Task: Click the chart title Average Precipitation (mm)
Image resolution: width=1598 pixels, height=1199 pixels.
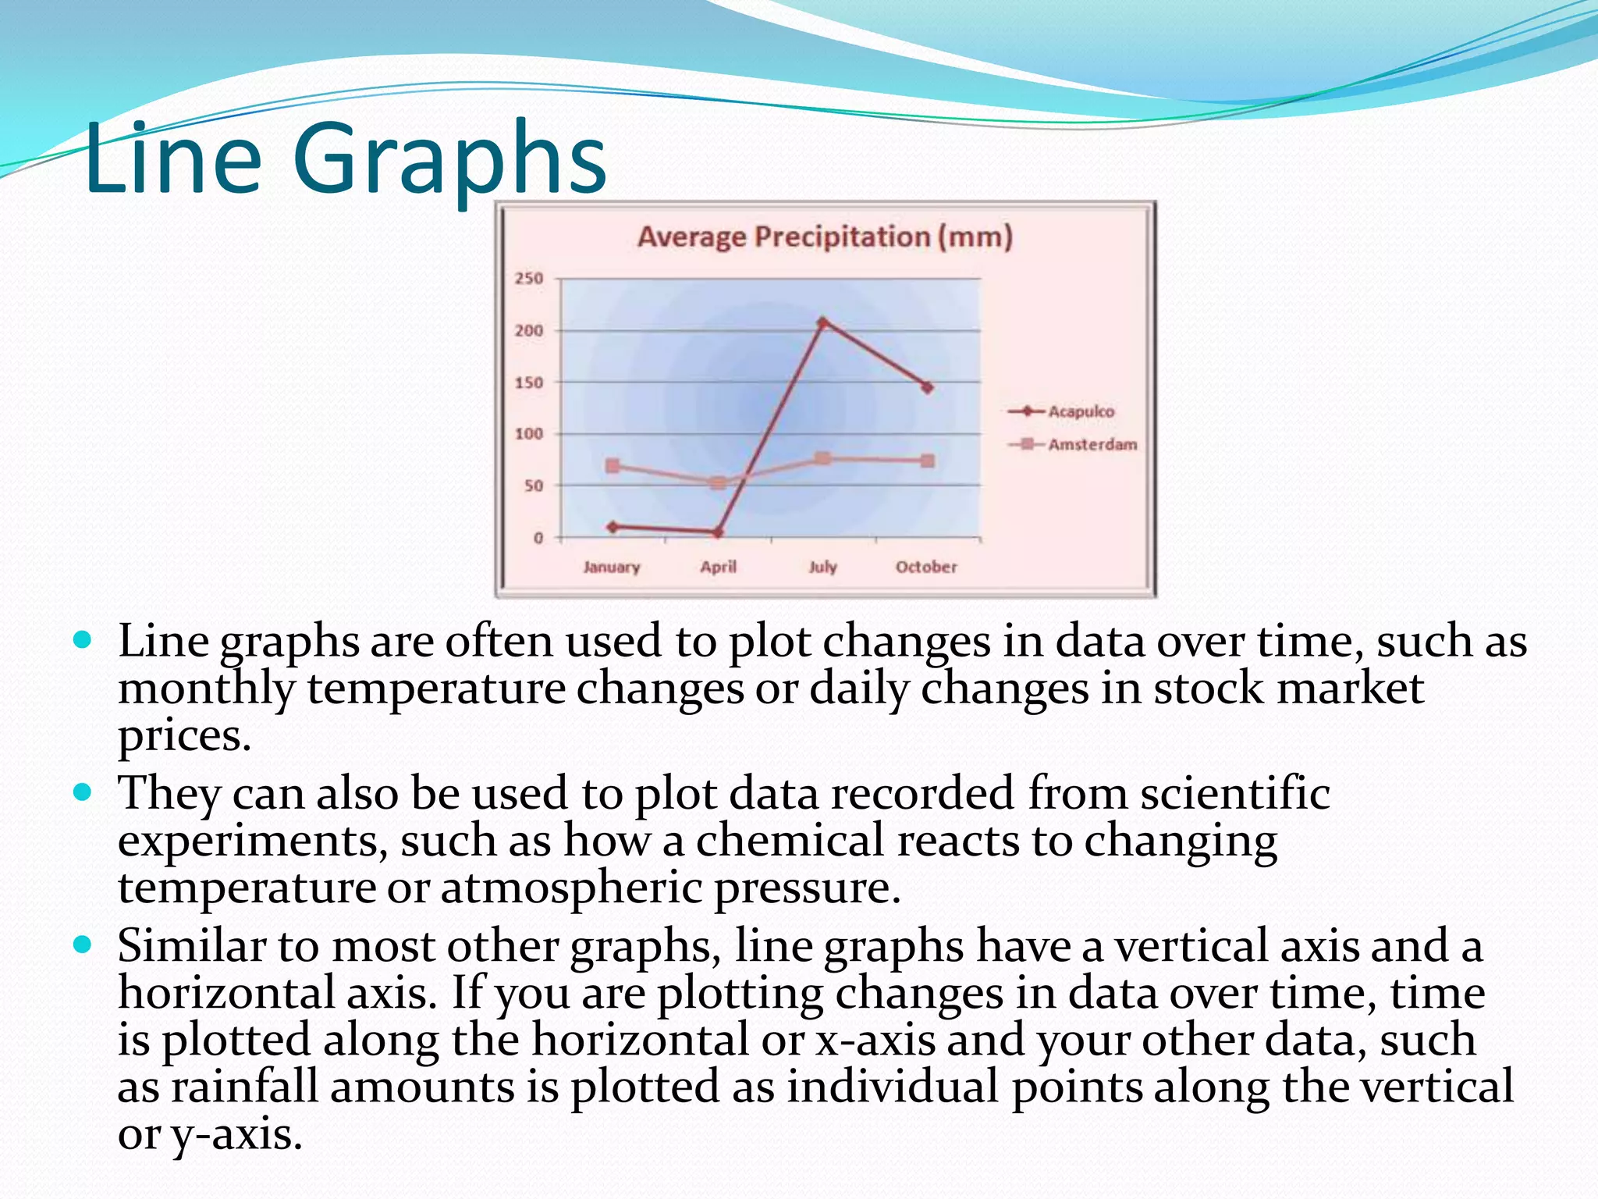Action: [x=825, y=237]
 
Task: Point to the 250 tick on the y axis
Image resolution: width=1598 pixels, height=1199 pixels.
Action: [x=528, y=279]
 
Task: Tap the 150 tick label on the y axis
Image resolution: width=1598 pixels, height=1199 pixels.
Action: [x=528, y=382]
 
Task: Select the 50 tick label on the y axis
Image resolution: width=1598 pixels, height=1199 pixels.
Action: [x=533, y=486]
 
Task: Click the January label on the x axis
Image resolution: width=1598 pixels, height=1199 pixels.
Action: [x=611, y=567]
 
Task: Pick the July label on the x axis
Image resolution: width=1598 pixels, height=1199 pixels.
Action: [x=822, y=567]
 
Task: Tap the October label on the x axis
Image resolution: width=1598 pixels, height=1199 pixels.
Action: [x=925, y=567]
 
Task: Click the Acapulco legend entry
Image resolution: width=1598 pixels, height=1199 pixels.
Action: [x=1081, y=411]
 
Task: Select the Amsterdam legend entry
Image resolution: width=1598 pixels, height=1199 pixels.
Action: [x=1092, y=445]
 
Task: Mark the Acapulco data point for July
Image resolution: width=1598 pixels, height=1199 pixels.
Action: [x=822, y=322]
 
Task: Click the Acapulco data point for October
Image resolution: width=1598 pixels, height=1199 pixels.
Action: [x=927, y=387]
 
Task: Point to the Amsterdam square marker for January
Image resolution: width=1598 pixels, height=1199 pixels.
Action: [x=613, y=466]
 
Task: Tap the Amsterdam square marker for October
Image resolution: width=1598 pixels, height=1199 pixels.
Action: [x=927, y=461]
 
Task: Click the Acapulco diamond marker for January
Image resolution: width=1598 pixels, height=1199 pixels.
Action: [x=613, y=527]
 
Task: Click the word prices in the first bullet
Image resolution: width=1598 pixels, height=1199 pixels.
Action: [x=184, y=735]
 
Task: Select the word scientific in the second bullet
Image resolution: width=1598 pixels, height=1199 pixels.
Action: [x=1234, y=793]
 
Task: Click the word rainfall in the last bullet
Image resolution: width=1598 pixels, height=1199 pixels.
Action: [x=244, y=1087]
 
